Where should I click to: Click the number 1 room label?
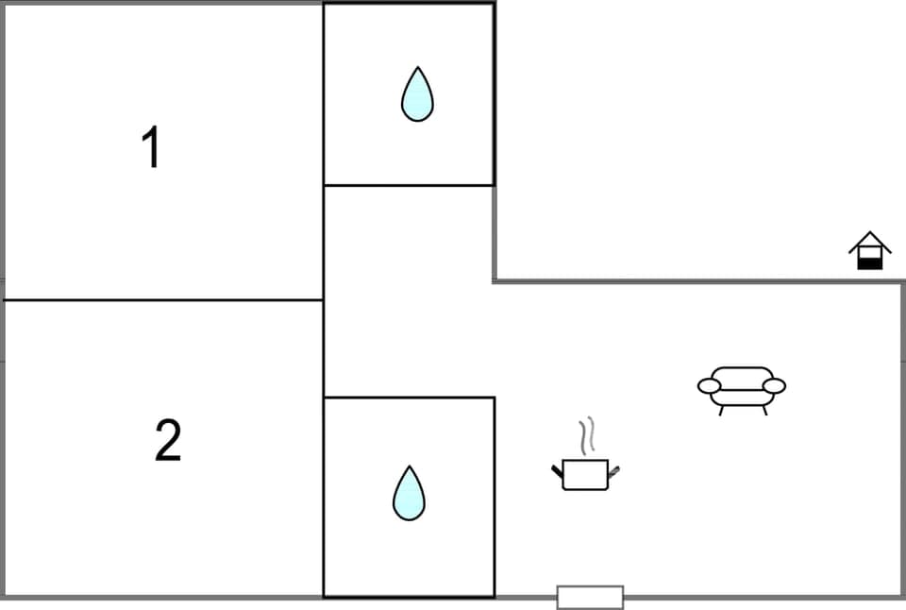click(151, 148)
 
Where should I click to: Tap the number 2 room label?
click(167, 441)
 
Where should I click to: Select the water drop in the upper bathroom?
click(417, 94)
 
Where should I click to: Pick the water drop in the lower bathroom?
click(409, 493)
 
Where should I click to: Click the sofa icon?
click(742, 387)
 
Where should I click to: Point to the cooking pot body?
click(585, 474)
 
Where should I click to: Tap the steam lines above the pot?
click(588, 435)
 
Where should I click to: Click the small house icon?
click(869, 251)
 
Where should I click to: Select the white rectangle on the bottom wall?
click(590, 597)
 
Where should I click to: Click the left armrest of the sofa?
click(710, 385)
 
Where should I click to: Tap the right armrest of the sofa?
click(774, 385)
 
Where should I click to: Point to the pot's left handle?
click(557, 469)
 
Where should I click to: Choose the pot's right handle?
click(614, 469)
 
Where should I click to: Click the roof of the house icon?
click(869, 242)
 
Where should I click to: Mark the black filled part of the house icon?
click(869, 263)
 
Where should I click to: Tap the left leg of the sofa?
click(722, 410)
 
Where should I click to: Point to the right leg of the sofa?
click(764, 410)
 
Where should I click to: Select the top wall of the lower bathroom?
click(409, 398)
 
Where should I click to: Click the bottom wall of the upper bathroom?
click(409, 185)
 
